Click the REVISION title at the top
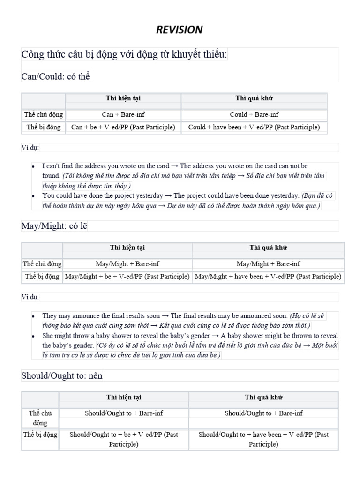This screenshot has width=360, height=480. click(180, 30)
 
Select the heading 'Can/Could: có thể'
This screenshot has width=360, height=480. click(55, 76)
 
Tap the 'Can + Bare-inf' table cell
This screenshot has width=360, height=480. click(123, 114)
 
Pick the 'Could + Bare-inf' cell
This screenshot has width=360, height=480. click(254, 114)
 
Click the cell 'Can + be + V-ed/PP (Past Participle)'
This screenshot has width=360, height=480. click(123, 127)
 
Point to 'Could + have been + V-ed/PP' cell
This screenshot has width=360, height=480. click(254, 127)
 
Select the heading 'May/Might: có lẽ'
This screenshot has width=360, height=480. click(54, 226)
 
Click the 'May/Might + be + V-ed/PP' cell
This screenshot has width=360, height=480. click(127, 277)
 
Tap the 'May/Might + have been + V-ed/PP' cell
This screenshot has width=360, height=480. click(268, 277)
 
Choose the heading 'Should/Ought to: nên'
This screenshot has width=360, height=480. click(62, 375)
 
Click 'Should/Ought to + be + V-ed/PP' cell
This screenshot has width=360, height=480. click(124, 439)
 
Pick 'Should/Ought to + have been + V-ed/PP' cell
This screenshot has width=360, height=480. click(263, 439)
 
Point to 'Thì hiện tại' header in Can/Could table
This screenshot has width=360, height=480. click(123, 98)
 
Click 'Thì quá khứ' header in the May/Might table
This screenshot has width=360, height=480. click(268, 247)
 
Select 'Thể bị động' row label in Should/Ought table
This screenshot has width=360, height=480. click(40, 435)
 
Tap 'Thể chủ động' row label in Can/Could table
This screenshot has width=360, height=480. click(44, 114)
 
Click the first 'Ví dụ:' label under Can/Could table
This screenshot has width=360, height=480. click(30, 148)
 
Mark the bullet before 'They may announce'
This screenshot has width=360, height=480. click(33, 316)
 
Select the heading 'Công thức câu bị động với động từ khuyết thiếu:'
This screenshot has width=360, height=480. click(124, 55)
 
